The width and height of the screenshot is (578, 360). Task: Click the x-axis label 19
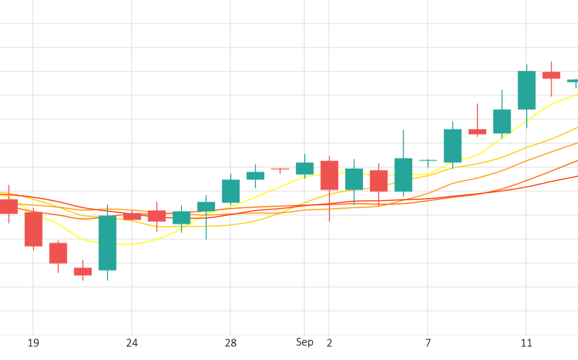pyautogui.click(x=33, y=343)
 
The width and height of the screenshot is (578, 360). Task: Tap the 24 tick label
pyautogui.click(x=132, y=343)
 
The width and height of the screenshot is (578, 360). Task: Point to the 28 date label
pyautogui.click(x=231, y=343)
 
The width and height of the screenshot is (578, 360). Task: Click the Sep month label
pyautogui.click(x=305, y=342)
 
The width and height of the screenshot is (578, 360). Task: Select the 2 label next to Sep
pyautogui.click(x=329, y=343)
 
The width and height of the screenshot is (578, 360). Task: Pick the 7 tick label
pyautogui.click(x=428, y=343)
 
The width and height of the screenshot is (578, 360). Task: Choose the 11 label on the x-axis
pyautogui.click(x=526, y=343)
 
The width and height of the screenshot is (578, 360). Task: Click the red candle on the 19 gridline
pyautogui.click(x=33, y=229)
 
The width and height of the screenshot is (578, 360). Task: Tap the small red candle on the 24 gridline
pyautogui.click(x=132, y=216)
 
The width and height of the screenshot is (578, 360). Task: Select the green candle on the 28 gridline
pyautogui.click(x=231, y=191)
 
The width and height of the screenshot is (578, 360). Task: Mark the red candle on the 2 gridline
pyautogui.click(x=329, y=175)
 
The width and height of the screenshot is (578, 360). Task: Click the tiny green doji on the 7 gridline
pyautogui.click(x=428, y=160)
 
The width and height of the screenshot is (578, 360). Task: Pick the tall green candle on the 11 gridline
pyautogui.click(x=526, y=90)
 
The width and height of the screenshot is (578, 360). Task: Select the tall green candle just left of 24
pyautogui.click(x=107, y=242)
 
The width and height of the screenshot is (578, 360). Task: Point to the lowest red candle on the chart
pyautogui.click(x=83, y=272)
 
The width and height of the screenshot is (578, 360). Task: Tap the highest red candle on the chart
pyautogui.click(x=551, y=75)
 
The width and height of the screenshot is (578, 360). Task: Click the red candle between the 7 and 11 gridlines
pyautogui.click(x=477, y=132)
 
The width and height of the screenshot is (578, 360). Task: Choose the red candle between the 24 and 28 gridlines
pyautogui.click(x=157, y=215)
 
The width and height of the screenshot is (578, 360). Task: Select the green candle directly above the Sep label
pyautogui.click(x=305, y=168)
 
